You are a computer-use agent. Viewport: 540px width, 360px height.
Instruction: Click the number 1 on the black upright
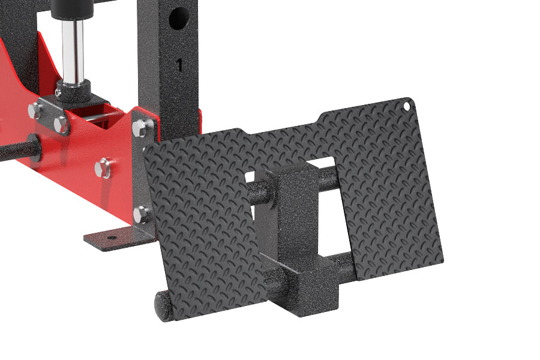tap(179, 65)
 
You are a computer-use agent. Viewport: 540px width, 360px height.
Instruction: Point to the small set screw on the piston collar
tap(58, 92)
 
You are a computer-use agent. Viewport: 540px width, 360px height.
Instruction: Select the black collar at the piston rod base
tap(73, 90)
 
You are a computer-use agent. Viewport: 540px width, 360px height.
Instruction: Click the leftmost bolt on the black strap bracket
tap(34, 110)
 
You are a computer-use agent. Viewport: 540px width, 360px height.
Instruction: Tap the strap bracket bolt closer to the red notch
tap(61, 124)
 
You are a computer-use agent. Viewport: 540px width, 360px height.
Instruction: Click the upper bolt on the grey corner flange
tap(139, 128)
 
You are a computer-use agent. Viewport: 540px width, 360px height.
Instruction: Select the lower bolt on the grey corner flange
tap(140, 215)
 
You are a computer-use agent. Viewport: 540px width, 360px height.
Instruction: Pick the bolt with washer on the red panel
tap(103, 169)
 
